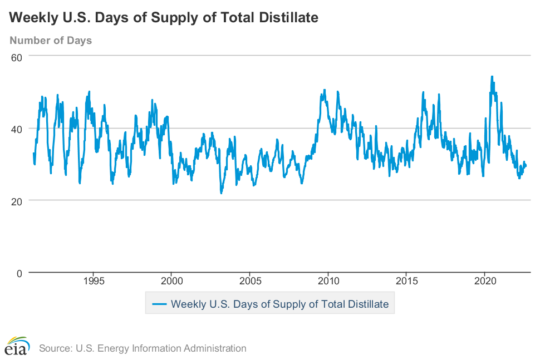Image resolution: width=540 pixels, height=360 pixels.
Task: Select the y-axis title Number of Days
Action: pyautogui.click(x=51, y=40)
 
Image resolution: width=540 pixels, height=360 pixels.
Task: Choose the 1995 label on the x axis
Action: pyautogui.click(x=93, y=280)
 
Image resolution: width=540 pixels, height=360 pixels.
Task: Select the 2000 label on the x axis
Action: pyautogui.click(x=171, y=280)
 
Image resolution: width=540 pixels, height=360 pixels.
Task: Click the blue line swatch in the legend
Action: pyautogui.click(x=160, y=304)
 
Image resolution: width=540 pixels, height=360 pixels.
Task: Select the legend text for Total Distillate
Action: pyautogui.click(x=279, y=304)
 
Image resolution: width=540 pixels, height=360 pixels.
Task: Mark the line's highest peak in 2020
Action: pyautogui.click(x=492, y=76)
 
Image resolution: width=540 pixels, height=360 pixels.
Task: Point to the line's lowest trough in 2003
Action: pyautogui.click(x=221, y=193)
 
